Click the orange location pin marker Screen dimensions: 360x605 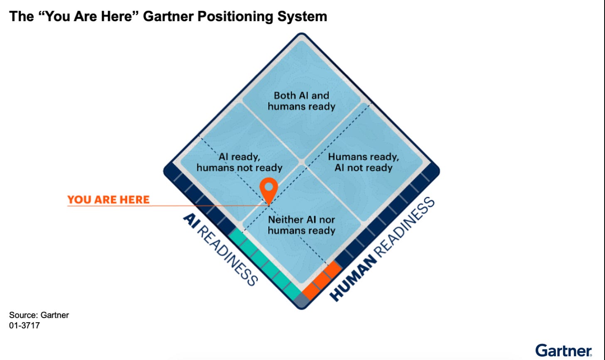coord(269,188)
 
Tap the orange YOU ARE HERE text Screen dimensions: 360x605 coord(108,200)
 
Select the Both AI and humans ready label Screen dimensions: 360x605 coord(301,101)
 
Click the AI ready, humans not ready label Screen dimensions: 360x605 coord(239,162)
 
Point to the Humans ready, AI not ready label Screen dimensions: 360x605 coord(363,162)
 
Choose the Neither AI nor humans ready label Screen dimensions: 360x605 coord(301,225)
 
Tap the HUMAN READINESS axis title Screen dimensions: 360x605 coord(382,249)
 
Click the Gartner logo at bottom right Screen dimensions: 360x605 coord(563,350)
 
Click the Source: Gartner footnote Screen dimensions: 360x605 coord(39,315)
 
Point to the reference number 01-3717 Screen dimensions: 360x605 coord(25,326)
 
